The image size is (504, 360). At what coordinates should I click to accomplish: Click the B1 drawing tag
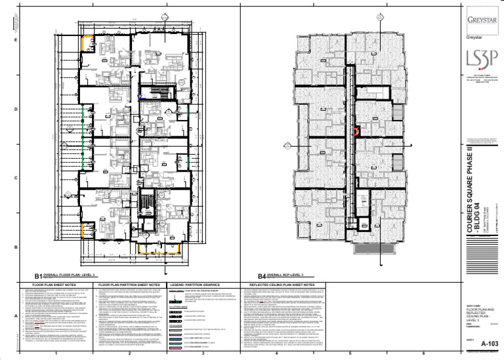click(x=39, y=276)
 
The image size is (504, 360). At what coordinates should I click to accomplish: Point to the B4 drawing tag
click(x=262, y=276)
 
